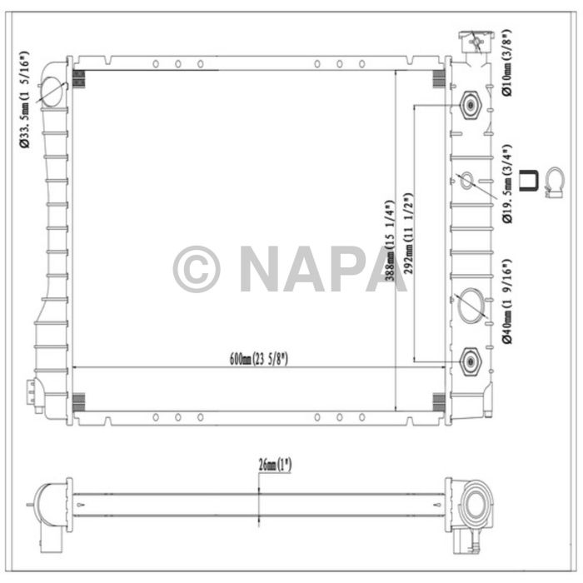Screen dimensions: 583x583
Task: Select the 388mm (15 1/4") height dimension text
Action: point(389,242)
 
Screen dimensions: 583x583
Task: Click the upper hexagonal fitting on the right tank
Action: point(471,105)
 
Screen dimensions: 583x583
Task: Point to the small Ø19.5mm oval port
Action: point(467,179)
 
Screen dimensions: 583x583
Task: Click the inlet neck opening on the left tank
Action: point(50,92)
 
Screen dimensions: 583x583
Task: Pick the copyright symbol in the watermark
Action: point(197,269)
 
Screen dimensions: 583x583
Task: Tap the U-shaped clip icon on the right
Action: point(527,181)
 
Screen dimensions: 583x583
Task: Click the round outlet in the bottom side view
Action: point(476,504)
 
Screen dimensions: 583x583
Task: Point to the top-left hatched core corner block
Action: point(79,79)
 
